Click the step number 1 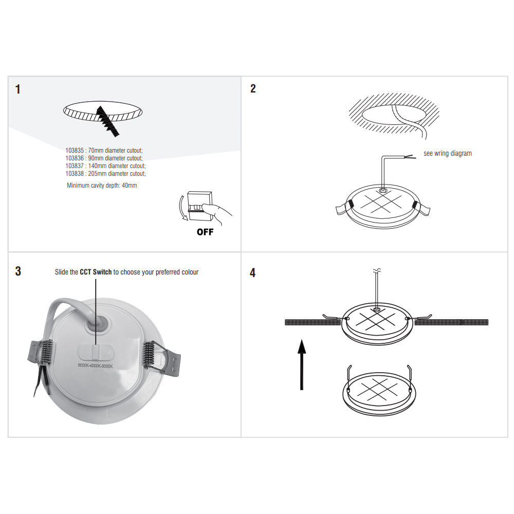click(x=18, y=89)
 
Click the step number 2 click(x=253, y=88)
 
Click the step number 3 click(x=18, y=271)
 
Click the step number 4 click(x=253, y=272)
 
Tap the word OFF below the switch click(x=205, y=232)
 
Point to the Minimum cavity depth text click(x=102, y=185)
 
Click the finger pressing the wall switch click(x=216, y=211)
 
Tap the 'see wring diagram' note click(x=447, y=153)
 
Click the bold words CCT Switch click(x=96, y=272)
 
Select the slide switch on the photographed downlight click(x=96, y=353)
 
